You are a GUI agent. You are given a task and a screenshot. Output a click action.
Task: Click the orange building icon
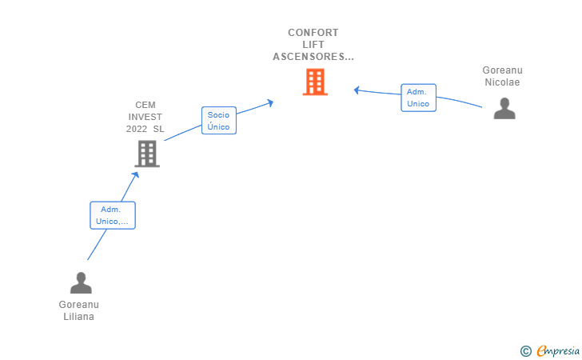click(x=315, y=82)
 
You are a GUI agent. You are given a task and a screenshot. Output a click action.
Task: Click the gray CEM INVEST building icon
click(x=147, y=154)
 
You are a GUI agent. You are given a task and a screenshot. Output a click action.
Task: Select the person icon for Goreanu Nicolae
click(x=504, y=108)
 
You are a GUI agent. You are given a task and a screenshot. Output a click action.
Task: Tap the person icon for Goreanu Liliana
click(x=81, y=282)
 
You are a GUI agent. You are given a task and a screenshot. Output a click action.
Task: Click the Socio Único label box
click(x=219, y=120)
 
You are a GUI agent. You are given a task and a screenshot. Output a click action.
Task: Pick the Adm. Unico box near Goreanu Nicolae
click(x=418, y=98)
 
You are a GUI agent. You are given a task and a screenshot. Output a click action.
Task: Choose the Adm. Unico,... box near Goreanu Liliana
click(x=113, y=215)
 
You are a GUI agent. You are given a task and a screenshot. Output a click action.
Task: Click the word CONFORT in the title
click(x=313, y=33)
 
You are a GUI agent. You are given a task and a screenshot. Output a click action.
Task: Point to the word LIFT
click(x=313, y=45)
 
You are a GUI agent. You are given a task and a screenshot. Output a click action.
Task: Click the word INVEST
click(x=145, y=117)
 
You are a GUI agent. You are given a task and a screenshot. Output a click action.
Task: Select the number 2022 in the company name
click(x=137, y=129)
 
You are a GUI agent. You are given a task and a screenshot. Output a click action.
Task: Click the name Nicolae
click(x=502, y=82)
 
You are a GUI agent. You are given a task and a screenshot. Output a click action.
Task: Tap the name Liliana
click(x=78, y=317)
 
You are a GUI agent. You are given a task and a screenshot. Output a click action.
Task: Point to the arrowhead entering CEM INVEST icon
click(x=136, y=175)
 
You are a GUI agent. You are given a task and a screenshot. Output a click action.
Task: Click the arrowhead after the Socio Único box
click(x=270, y=102)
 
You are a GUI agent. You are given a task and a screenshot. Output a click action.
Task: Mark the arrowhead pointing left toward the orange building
click(x=357, y=90)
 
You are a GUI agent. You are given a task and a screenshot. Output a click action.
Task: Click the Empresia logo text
click(x=558, y=350)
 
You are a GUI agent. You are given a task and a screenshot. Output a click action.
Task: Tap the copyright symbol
click(x=526, y=351)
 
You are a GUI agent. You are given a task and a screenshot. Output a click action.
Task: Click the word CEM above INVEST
click(x=145, y=105)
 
